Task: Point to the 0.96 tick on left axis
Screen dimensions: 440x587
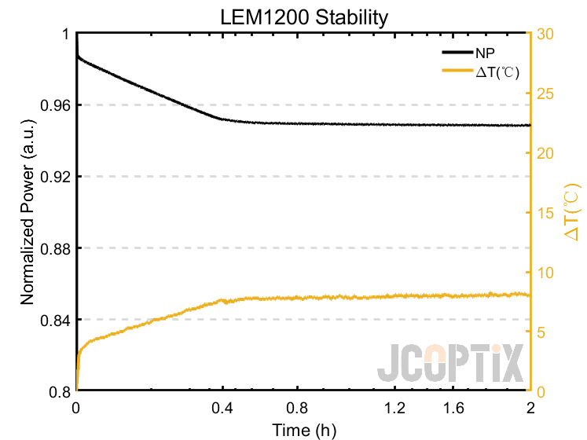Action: coord(57,105)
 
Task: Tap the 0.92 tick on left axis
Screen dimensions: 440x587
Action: coord(57,177)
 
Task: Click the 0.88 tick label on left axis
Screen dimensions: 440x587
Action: coord(57,248)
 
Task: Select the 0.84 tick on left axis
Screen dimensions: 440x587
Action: coord(57,320)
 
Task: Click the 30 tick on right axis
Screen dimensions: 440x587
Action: coord(545,34)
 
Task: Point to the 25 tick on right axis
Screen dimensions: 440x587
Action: coord(545,93)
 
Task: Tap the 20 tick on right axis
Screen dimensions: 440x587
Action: coord(545,153)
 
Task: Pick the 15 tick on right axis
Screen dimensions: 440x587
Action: coord(545,213)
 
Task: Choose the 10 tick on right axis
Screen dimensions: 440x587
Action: coord(545,273)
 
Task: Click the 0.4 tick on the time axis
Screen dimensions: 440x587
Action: coord(224,408)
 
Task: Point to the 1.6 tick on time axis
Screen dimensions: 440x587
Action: coord(454,408)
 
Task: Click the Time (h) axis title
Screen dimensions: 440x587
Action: coord(303,429)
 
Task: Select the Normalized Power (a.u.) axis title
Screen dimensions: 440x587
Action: coord(27,212)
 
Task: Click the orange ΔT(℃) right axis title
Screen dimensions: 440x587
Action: coord(571,212)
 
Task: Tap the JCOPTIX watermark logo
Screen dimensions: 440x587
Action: coord(449,364)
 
